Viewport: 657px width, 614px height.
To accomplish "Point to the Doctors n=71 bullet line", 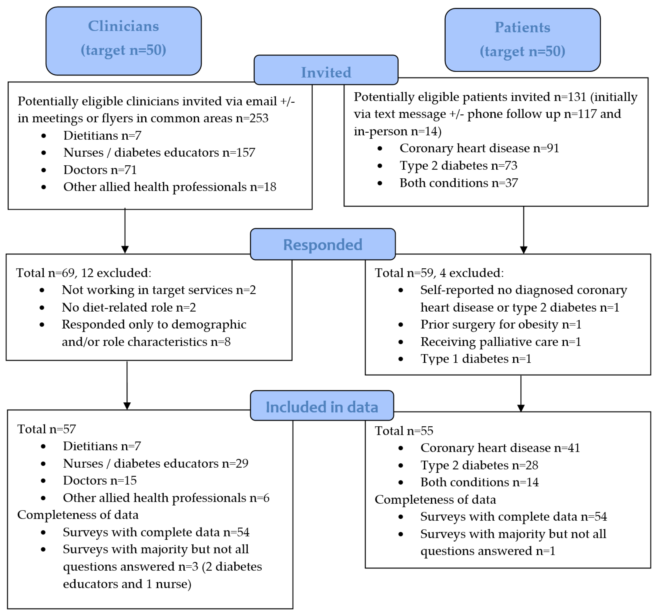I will click(100, 170).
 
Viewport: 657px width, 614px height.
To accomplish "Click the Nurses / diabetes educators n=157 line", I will click(159, 153).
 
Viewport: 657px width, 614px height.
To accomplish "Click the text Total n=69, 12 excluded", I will click(84, 273).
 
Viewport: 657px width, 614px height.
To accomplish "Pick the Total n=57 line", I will click(47, 429).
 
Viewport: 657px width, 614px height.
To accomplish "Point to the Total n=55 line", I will click(404, 431).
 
